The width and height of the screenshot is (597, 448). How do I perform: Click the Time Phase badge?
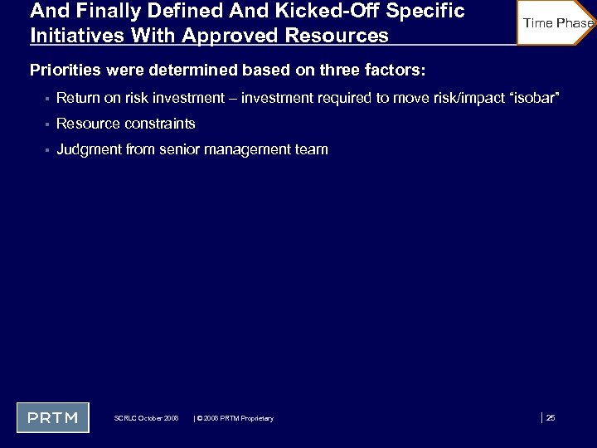[557, 22]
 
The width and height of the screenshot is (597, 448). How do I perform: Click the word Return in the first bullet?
[77, 99]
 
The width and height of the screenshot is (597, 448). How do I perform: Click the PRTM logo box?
[53, 417]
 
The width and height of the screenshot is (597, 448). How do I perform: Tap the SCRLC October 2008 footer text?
[146, 418]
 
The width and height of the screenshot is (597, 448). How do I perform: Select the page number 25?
[551, 417]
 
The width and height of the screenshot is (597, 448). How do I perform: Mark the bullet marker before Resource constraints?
[47, 124]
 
